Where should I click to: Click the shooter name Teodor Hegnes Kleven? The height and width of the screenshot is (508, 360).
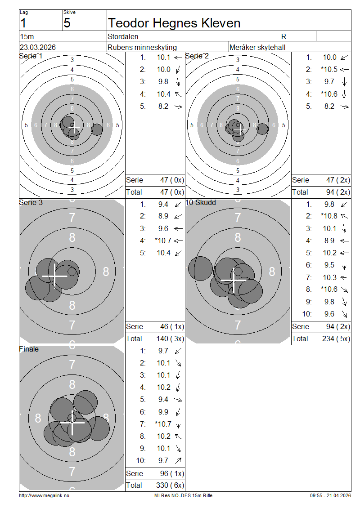[x=174, y=23]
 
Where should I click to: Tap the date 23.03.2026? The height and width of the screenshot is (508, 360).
[x=38, y=47]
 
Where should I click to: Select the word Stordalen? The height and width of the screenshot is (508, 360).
[x=123, y=36]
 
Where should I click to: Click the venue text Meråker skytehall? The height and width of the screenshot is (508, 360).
[x=257, y=47]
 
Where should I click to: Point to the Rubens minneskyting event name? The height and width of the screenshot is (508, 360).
[x=142, y=47]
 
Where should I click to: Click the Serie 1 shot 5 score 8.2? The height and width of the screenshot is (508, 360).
[x=163, y=106]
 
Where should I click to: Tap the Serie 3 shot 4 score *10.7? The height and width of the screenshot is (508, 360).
[x=163, y=241]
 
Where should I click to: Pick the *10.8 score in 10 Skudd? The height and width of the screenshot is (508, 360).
[x=329, y=216]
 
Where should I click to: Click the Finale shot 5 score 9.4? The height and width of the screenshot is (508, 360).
[x=163, y=400]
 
